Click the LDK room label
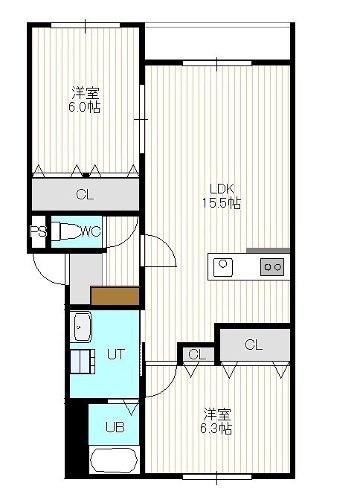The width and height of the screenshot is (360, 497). coord(222,189)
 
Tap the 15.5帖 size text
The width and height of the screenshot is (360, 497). coord(222,203)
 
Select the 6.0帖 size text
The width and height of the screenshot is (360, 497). coord(85,107)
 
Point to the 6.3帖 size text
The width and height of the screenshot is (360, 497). coord(216,429)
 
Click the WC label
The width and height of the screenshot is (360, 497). coord(91,231)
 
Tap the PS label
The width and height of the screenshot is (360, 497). coord(38,231)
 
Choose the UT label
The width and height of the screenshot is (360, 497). coord(116,354)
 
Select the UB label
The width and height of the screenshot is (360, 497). coord(115,427)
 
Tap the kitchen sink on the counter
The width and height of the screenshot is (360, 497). coord(223,267)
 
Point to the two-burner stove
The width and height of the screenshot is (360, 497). coord(272,267)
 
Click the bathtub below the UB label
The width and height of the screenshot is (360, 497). coord(114,461)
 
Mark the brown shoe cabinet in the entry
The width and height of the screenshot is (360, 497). coord(115,295)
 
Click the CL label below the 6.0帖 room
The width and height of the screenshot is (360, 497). coord(85,194)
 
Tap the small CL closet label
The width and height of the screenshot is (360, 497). coord(197,354)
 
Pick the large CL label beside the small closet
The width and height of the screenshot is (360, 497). coord(254,344)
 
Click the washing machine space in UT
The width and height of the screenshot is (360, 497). coord(83,362)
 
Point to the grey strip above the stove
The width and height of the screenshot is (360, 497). coord(268,251)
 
